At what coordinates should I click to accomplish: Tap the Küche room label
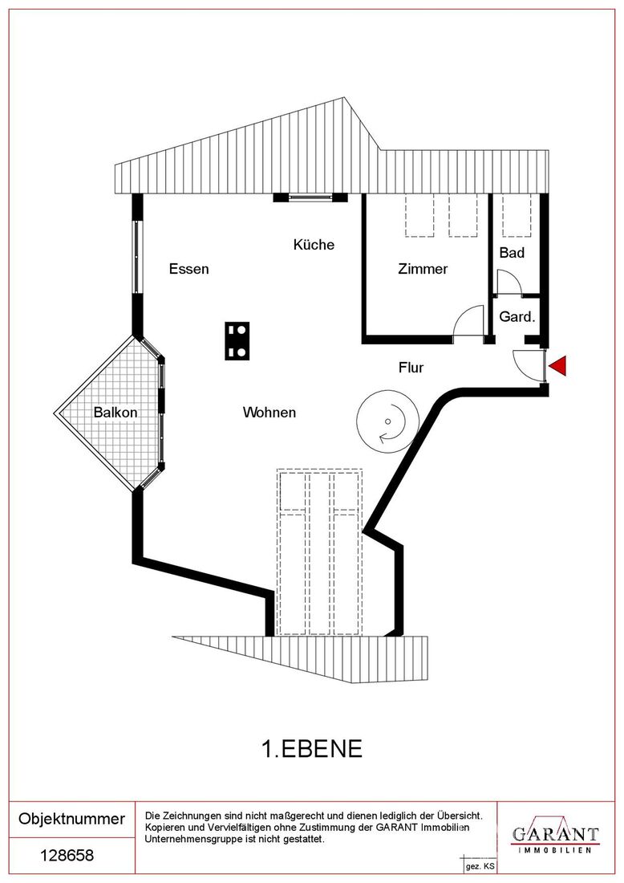tap(314, 244)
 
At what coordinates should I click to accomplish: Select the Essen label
tap(189, 269)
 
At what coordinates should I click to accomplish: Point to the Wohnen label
tap(269, 413)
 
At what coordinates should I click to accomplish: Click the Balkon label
tap(115, 413)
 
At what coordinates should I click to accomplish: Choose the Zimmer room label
tap(423, 269)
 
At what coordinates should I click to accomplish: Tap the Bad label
tap(512, 252)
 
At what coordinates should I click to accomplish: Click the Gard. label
tap(517, 316)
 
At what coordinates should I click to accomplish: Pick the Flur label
tap(411, 367)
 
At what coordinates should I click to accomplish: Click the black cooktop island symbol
tap(237, 341)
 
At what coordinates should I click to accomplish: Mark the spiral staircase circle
tap(387, 421)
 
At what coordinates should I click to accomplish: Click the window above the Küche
tap(310, 197)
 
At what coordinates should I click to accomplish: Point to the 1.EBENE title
tap(312, 748)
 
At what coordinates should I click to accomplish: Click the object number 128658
tap(67, 856)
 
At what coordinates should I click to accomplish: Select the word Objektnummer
tap(72, 818)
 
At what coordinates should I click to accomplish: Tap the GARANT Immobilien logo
tap(555, 836)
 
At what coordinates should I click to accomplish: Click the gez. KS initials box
tap(480, 866)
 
